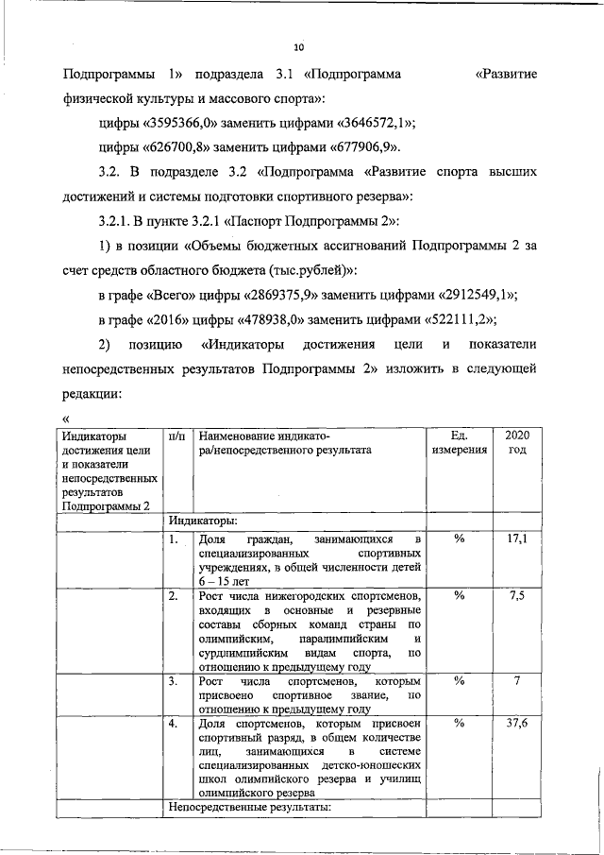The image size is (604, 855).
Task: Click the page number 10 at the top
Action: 299,46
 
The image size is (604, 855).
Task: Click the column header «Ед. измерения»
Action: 460,443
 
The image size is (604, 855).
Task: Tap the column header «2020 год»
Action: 517,443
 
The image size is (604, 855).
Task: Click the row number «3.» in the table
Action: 174,681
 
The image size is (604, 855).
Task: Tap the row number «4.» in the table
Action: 174,724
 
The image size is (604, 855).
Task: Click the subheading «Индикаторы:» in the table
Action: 203,520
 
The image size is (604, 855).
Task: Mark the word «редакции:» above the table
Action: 93,393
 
